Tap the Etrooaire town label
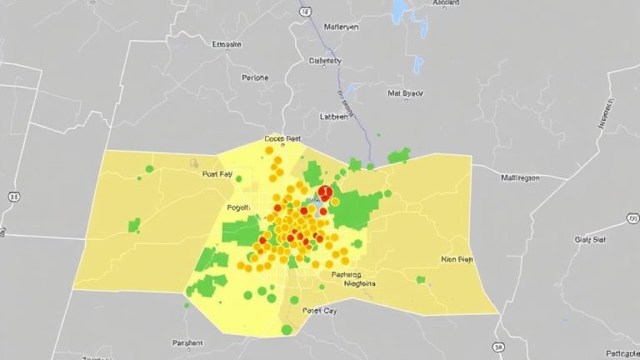tap(227, 44)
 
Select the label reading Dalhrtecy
tap(324, 61)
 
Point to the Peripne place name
tap(255, 77)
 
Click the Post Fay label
tap(217, 175)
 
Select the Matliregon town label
tap(520, 177)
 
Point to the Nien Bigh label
tap(456, 259)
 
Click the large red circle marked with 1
tap(324, 192)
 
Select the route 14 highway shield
tap(305, 12)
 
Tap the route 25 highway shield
tap(13, 196)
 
